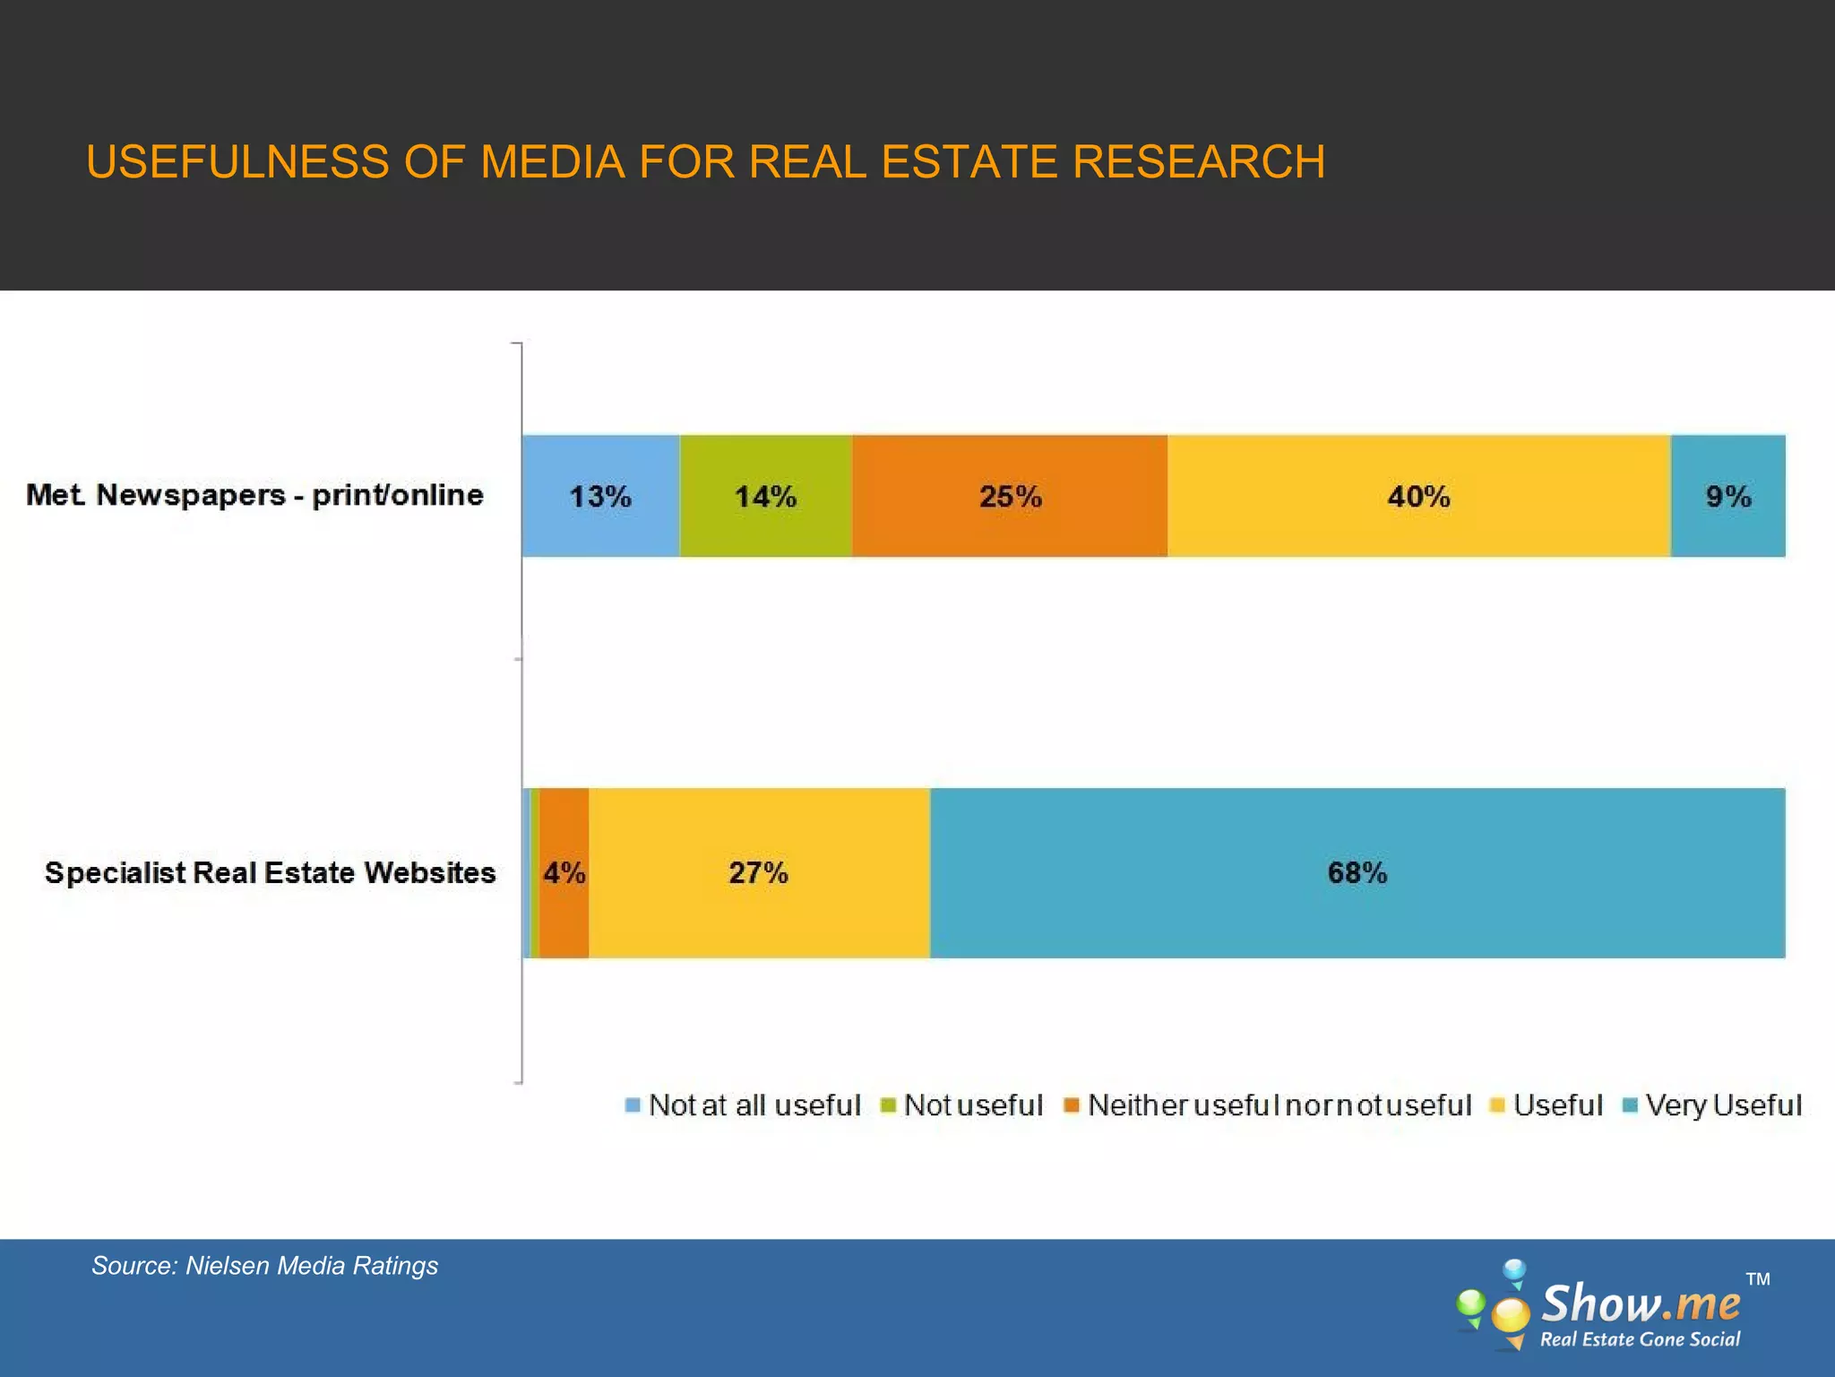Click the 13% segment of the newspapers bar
[x=600, y=496]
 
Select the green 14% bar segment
[x=765, y=496]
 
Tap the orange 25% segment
[x=1010, y=496]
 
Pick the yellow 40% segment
[x=1418, y=496]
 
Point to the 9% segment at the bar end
[x=1727, y=496]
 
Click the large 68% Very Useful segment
[x=1357, y=872]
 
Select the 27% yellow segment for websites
[x=758, y=872]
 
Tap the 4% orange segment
[x=564, y=872]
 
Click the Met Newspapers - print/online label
[x=254, y=495]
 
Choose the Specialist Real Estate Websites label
[x=270, y=872]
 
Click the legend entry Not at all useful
[x=754, y=1104]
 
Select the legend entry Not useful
[x=973, y=1104]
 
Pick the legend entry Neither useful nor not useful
[x=1279, y=1104]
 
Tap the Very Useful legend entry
[x=1722, y=1104]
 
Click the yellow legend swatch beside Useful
[x=1496, y=1105]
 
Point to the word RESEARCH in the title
[x=1198, y=162]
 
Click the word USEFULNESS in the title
[x=237, y=162]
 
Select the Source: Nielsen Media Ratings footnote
[x=264, y=1265]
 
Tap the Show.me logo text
[x=1640, y=1303]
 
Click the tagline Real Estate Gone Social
[x=1640, y=1339]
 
